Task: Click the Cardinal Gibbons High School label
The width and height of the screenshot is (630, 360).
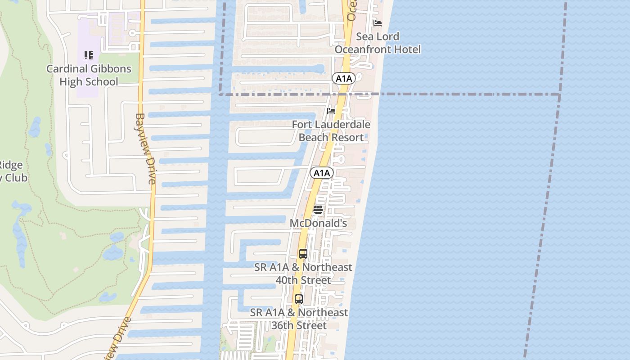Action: [89, 75]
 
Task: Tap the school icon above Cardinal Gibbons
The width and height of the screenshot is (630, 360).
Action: [89, 55]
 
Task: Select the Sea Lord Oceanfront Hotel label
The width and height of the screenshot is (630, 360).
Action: [378, 43]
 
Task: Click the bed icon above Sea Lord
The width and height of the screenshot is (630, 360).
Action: [378, 23]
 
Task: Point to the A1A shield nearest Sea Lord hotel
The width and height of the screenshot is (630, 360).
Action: [344, 79]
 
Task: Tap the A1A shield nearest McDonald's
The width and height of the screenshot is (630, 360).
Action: [321, 173]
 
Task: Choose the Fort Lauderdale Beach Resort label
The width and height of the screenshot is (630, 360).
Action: [331, 131]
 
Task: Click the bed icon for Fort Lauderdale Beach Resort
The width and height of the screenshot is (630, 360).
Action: [331, 111]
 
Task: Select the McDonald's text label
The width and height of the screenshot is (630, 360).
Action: [318, 223]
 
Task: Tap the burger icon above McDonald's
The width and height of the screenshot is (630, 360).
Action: [318, 209]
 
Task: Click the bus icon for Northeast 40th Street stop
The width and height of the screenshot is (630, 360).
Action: [303, 254]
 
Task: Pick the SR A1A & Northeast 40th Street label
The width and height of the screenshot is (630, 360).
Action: [303, 274]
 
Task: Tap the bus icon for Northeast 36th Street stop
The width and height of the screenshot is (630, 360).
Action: [298, 299]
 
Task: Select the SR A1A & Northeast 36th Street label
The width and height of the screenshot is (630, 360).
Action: [299, 319]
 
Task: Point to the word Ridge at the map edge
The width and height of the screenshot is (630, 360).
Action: [11, 165]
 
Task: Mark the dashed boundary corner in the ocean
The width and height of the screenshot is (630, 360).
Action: [560, 94]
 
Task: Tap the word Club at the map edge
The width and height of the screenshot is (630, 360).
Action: [16, 178]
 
